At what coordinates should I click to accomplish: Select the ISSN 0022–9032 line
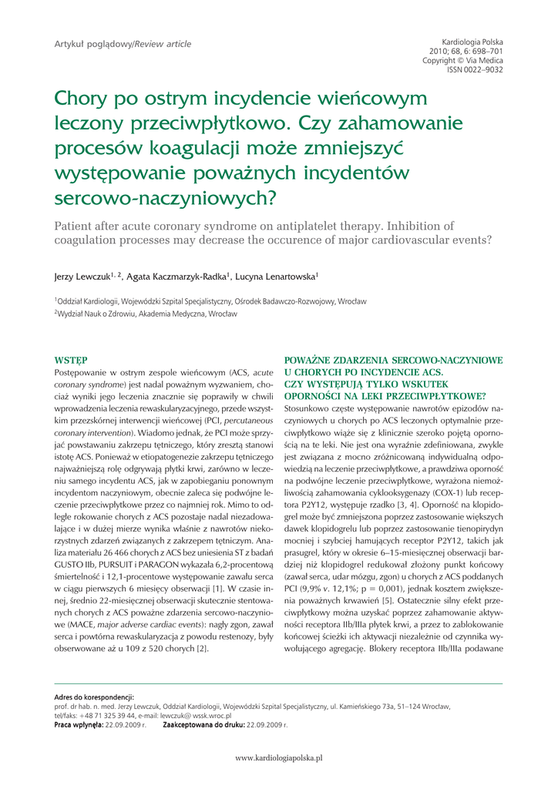(x=475, y=69)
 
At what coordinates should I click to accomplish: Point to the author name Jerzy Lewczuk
(x=81, y=275)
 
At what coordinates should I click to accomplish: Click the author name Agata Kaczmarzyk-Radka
(x=175, y=275)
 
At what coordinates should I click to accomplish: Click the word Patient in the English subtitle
(x=76, y=226)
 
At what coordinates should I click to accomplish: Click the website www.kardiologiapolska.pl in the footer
(x=279, y=758)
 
